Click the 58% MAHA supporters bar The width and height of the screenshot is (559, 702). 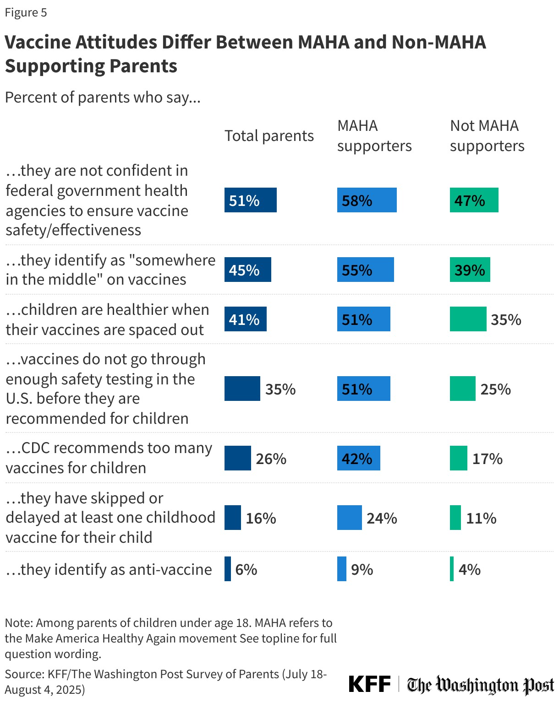pos(367,200)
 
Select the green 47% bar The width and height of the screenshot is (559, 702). pos(474,200)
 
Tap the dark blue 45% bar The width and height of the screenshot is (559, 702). pos(247,270)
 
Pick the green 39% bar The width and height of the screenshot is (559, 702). pos(470,270)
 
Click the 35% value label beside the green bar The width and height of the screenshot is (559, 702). pos(506,319)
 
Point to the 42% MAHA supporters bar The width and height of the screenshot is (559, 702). pos(358,458)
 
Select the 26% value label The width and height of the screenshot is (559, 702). pos(271,459)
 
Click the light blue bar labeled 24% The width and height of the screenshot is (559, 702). pos(349,518)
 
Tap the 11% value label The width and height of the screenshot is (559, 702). pos(481,518)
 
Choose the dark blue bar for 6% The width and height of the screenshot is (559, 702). pos(228,569)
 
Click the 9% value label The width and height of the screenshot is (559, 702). pos(362,569)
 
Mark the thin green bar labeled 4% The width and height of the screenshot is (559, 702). pos(452,569)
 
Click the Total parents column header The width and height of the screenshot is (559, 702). pos(269,136)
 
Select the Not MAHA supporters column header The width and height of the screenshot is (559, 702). pos(487,135)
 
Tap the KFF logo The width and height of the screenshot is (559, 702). pos(369,684)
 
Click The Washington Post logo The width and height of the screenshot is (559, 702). pos(480,685)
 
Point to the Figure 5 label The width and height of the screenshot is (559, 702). pos(26,12)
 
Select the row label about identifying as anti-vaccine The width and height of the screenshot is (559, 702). pos(109,569)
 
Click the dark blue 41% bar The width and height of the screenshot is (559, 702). pos(245,319)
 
